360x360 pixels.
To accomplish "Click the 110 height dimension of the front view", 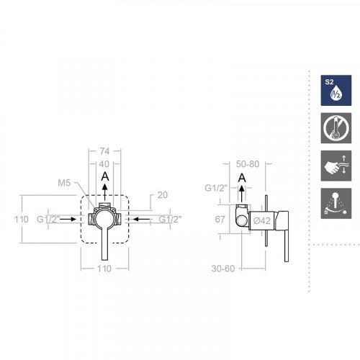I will [x=22, y=218].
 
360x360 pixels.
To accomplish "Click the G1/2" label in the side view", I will [x=215, y=189].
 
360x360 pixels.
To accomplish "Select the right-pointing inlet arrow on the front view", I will [x=71, y=217].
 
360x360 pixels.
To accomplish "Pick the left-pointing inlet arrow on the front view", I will [x=141, y=217].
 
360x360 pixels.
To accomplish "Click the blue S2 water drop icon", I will [x=333, y=91].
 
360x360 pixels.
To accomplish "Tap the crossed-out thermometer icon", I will [x=333, y=127].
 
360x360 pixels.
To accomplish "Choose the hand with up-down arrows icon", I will [x=333, y=166].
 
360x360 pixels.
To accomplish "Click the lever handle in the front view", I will [x=105, y=241].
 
